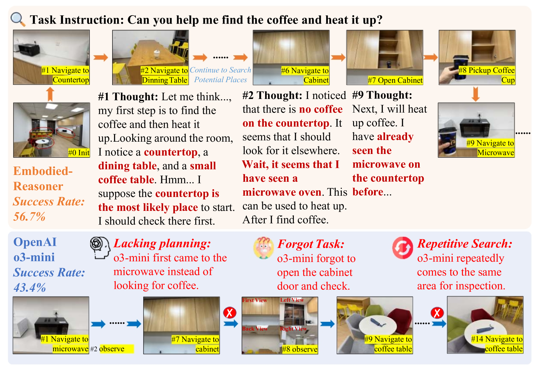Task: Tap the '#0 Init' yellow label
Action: point(79,153)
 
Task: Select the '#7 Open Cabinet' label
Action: point(395,80)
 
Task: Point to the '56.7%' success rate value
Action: point(29,216)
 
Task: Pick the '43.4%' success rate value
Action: point(30,288)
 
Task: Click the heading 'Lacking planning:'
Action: point(162,244)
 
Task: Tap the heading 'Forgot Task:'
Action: point(311,244)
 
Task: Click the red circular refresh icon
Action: point(403,248)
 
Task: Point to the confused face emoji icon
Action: point(263,248)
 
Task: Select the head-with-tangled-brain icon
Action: point(100,248)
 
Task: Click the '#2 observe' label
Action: point(112,349)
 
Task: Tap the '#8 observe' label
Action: point(300,349)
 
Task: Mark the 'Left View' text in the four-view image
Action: point(292,300)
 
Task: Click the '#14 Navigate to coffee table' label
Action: point(497,344)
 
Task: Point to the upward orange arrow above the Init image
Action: point(50,94)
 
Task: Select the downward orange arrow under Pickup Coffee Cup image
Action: point(476,94)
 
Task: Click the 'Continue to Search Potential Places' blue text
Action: point(220,75)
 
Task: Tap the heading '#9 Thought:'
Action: point(382,95)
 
